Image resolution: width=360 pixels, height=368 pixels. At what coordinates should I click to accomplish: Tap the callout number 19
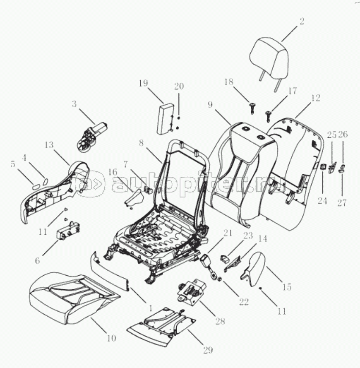pyautogui.click(x=143, y=83)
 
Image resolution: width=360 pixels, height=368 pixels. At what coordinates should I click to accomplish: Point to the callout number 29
pyautogui.click(x=208, y=350)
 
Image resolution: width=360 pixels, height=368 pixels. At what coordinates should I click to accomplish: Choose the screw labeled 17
pyautogui.click(x=268, y=117)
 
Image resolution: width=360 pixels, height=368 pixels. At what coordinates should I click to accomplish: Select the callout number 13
pyautogui.click(x=49, y=145)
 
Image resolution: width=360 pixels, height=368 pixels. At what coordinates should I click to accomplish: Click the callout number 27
pyautogui.click(x=341, y=202)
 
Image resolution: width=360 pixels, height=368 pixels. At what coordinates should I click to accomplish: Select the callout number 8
pyautogui.click(x=141, y=143)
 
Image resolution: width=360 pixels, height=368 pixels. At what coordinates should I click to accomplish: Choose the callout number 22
pyautogui.click(x=243, y=302)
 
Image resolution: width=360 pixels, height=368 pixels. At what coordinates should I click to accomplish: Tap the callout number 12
pyautogui.click(x=315, y=98)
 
